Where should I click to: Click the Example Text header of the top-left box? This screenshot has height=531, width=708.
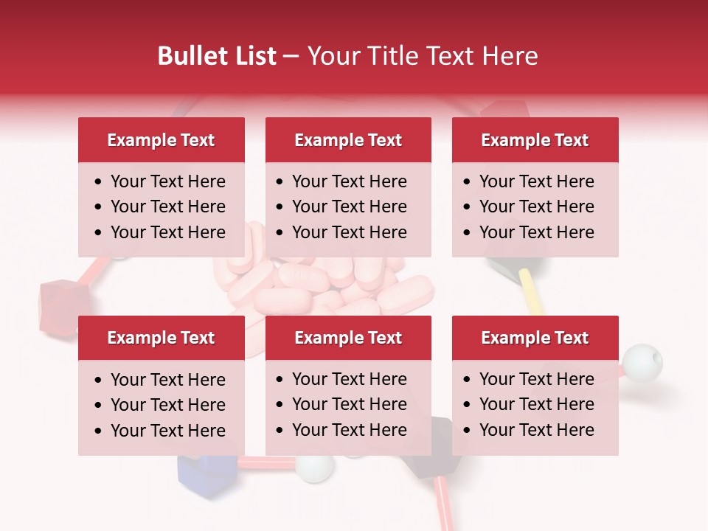tap(161, 140)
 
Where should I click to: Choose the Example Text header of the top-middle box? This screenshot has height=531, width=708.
tap(348, 140)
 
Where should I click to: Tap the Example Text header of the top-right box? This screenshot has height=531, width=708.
tap(535, 140)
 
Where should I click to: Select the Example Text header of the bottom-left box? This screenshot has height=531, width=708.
tap(161, 338)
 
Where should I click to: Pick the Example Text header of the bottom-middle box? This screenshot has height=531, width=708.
tap(348, 338)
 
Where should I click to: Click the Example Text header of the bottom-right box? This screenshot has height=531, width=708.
tap(535, 338)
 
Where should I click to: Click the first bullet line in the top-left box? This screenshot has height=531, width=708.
tap(167, 181)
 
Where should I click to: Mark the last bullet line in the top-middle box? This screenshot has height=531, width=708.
tap(349, 232)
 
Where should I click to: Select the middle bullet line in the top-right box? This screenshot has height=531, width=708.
tap(536, 206)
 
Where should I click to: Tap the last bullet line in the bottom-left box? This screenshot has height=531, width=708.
tap(167, 431)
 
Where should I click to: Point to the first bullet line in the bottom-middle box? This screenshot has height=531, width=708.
tap(349, 379)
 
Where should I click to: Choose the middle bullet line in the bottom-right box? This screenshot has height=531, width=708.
tap(536, 404)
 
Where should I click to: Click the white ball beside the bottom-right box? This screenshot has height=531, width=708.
tap(642, 362)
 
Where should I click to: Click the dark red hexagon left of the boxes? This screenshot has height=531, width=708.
tap(58, 304)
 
